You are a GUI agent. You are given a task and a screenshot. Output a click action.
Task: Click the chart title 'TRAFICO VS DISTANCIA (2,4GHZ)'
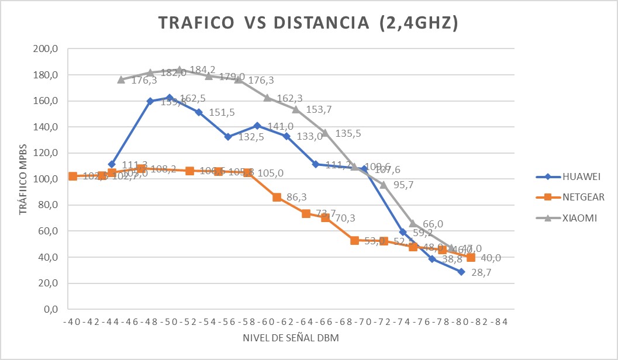(x=308, y=23)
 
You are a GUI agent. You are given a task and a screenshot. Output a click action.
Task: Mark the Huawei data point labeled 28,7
(x=461, y=272)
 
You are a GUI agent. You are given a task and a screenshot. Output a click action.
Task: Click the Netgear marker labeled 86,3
(x=277, y=197)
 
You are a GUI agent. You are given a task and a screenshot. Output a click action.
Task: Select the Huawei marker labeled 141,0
(x=257, y=126)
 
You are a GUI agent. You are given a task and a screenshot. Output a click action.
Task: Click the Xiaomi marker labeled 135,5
(x=325, y=133)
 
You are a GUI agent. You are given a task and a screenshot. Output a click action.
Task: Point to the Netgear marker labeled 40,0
(x=471, y=257)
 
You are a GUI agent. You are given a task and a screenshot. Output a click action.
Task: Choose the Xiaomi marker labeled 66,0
(x=413, y=223)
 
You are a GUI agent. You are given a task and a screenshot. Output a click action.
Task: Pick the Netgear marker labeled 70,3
(x=325, y=217)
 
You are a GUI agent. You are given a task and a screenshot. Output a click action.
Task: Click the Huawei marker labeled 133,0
(x=286, y=136)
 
